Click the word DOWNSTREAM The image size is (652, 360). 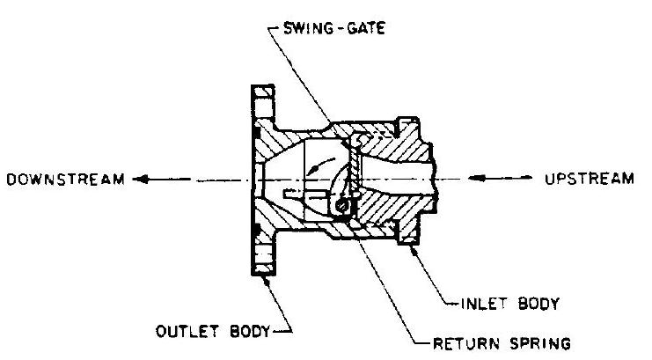64,179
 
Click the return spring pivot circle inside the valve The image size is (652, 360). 342,207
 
